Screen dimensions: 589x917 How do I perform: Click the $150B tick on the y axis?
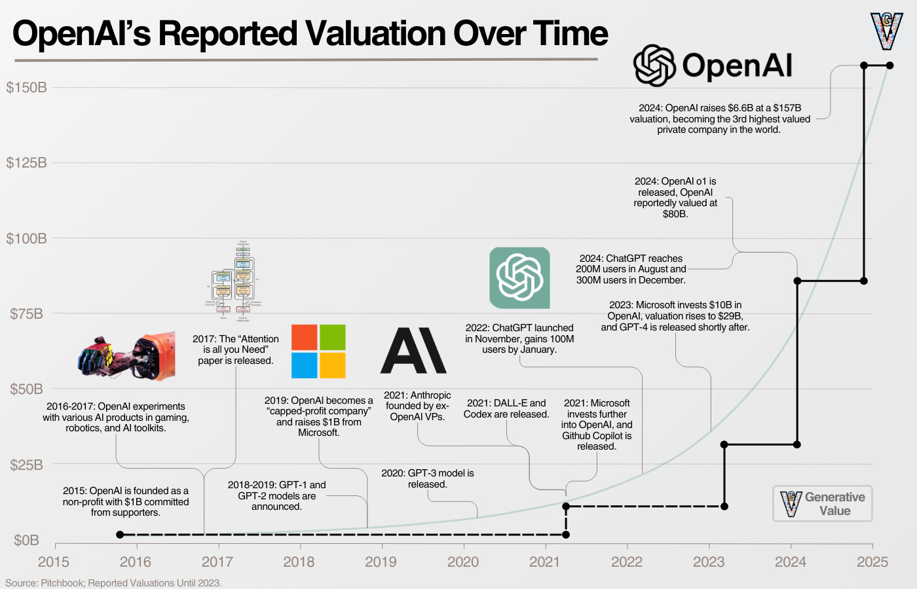tap(26, 88)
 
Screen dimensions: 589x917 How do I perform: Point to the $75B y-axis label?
tap(26, 314)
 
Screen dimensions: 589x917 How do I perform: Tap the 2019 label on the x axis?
tap(381, 562)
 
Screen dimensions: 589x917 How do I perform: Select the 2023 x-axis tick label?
tap(709, 562)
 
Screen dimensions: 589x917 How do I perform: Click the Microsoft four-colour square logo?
tap(318, 351)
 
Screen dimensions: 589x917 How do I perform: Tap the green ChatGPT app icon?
tap(519, 277)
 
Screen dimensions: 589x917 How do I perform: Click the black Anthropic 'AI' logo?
tap(413, 351)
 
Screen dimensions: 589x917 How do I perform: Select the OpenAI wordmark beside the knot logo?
tap(737, 65)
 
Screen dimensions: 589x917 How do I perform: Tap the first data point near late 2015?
tap(120, 535)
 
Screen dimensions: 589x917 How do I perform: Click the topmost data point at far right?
tap(889, 65)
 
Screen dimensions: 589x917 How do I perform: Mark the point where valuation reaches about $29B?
tap(724, 444)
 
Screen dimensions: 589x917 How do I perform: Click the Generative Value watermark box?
tap(822, 504)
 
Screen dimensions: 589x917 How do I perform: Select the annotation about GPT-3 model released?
tap(428, 478)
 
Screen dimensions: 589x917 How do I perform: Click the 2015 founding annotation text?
tap(126, 501)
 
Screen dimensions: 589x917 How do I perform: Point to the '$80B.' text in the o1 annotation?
tap(675, 214)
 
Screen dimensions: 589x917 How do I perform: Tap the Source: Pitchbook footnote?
tap(113, 583)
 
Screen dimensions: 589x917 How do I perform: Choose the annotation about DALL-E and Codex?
tap(506, 408)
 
